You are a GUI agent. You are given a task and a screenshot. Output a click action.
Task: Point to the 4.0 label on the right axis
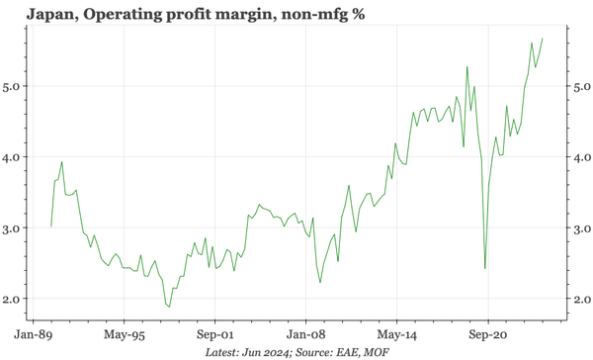coord(583,156)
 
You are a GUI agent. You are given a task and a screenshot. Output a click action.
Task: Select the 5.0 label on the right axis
coord(583,86)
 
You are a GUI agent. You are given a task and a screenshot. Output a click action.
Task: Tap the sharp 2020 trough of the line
coord(484,268)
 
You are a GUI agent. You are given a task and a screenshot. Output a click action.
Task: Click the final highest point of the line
coord(569,39)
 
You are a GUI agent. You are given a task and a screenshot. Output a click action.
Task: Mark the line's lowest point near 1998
coord(169,307)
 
